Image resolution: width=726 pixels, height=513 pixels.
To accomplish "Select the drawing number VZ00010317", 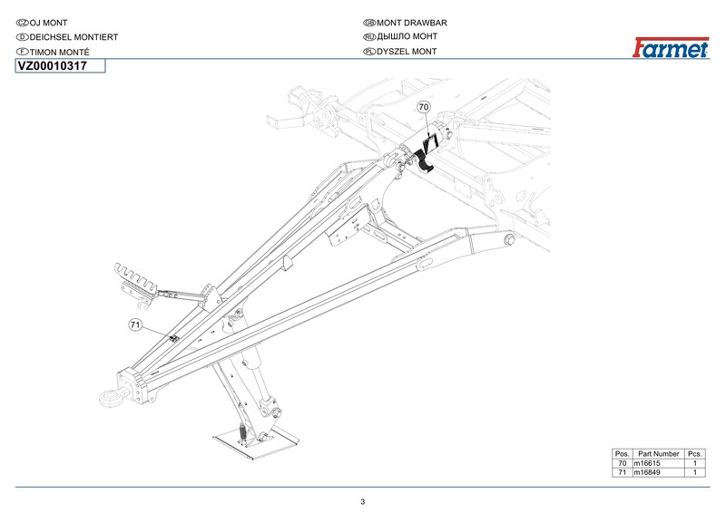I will coord(60,66).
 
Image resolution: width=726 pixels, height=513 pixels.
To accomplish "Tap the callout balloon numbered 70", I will coord(423,107).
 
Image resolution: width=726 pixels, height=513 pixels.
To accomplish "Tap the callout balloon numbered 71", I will coord(134,323).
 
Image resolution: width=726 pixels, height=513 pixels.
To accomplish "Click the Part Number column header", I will coord(658,453).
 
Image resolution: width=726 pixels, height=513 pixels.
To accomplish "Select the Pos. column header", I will coord(622,453).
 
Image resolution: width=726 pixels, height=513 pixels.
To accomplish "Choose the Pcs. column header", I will coord(694,453).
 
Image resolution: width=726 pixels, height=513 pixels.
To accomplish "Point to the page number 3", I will coord(362,501).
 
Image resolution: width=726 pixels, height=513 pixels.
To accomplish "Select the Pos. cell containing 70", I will coord(622,463).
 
